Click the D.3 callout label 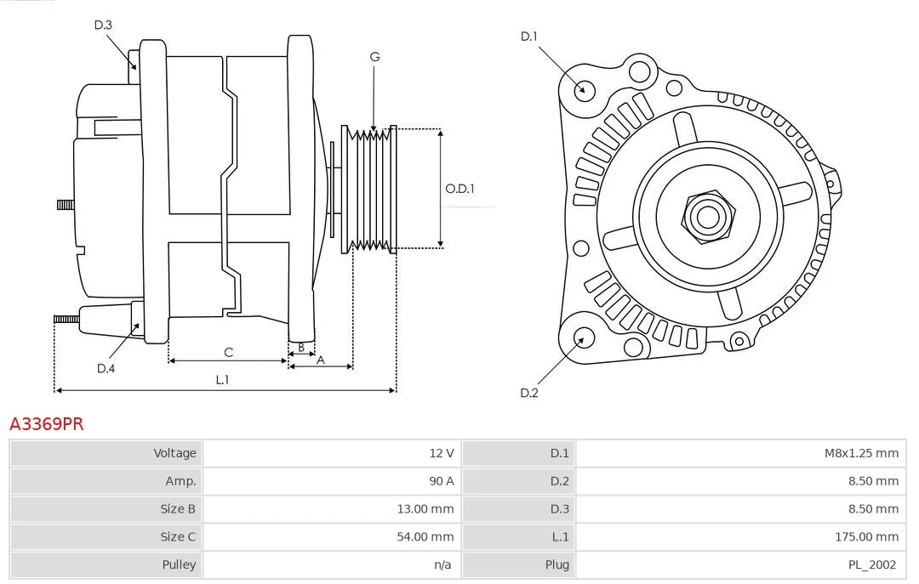[103, 25]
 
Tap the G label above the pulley [374, 57]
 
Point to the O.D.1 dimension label [459, 189]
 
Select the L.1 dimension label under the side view [222, 380]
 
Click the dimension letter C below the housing [229, 352]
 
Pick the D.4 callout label [106, 368]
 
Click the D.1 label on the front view [528, 37]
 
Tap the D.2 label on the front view [528, 393]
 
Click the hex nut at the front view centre [708, 217]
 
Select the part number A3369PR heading [46, 423]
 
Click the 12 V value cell [442, 453]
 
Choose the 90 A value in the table [442, 481]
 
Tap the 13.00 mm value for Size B [425, 509]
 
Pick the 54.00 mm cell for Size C [425, 536]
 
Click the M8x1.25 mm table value [861, 453]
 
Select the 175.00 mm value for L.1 [866, 536]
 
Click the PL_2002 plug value [872, 564]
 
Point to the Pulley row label [179, 564]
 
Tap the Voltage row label [174, 453]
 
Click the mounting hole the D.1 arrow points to [583, 90]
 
